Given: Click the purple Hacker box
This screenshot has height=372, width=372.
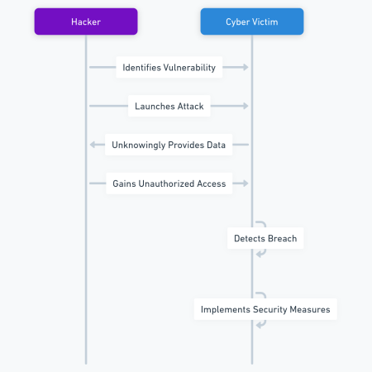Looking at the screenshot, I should pos(86,21).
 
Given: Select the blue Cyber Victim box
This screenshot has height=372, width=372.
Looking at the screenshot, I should pos(252,21).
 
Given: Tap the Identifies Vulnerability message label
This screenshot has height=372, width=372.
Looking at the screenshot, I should pos(169,68).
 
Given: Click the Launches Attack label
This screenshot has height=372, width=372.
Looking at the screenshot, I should pos(169,106).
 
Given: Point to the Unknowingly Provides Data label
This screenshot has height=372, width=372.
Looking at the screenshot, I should pos(169,145).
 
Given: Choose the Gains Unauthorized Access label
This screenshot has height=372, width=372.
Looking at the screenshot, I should pos(169,184).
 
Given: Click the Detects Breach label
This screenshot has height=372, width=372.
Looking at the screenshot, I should pos(265,239).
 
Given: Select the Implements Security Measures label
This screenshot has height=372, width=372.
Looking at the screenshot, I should pos(265,310).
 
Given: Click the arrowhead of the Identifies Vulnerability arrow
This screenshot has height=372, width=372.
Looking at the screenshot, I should pos(245,68).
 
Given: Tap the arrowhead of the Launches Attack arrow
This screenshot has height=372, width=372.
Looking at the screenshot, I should pos(245,106).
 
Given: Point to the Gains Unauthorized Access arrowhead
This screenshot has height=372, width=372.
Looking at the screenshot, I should pos(245,184).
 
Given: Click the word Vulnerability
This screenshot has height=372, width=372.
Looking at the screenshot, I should pos(191,68).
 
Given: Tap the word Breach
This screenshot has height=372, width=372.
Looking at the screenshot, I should pos(282,239).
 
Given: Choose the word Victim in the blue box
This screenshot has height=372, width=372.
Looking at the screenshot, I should pos(269,21).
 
